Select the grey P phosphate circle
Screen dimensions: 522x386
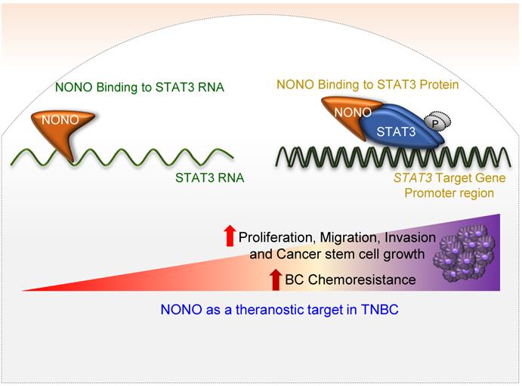[437, 122]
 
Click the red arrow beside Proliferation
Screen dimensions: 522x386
[230, 236]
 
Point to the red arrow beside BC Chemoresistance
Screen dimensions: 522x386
[275, 279]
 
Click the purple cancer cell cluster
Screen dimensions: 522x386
[464, 252]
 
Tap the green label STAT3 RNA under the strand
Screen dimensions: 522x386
[210, 178]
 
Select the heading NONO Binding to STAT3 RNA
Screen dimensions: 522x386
[140, 87]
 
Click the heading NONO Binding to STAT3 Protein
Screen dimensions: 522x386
[368, 85]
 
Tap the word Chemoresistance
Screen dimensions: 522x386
[362, 279]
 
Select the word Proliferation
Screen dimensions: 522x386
[277, 238]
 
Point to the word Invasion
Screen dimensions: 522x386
[410, 237]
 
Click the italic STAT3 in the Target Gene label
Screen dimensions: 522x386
[412, 178]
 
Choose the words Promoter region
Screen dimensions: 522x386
[449, 193]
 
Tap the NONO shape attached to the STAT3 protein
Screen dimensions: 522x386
[346, 115]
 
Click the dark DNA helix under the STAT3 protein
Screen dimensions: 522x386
[393, 157]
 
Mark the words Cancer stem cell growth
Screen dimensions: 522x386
[351, 255]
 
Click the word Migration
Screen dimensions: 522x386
[350, 238]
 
